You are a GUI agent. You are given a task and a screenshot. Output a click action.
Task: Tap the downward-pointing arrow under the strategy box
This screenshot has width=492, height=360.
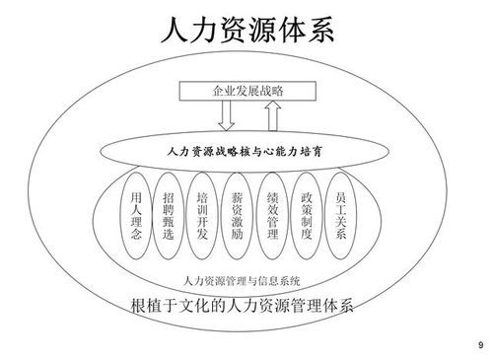[x=226, y=117]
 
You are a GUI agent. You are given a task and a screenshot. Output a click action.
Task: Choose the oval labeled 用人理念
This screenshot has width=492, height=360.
[x=136, y=218]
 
